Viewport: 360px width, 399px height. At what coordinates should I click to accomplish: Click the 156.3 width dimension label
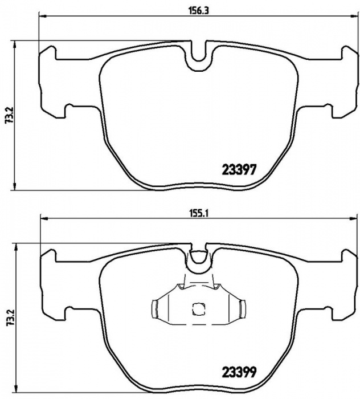pyautogui.click(x=198, y=11)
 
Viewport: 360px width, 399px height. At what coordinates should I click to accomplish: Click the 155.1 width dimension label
pyautogui.click(x=199, y=214)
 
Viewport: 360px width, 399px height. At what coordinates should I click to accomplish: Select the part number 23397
pyautogui.click(x=239, y=169)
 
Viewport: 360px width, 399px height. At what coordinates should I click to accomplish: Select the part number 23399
pyautogui.click(x=239, y=372)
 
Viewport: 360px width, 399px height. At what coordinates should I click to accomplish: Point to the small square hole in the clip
pyautogui.click(x=198, y=309)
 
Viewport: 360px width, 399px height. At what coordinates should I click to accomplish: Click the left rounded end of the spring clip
pyautogui.click(x=154, y=309)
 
